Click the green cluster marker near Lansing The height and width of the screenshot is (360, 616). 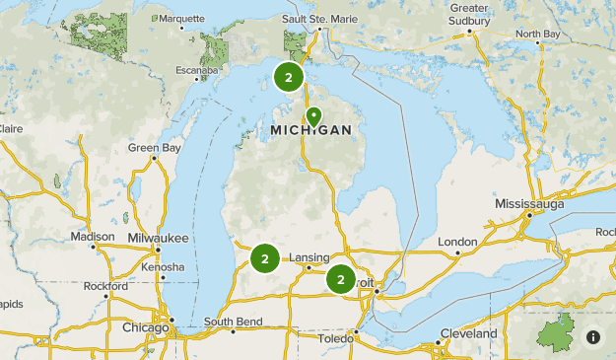[x=264, y=258]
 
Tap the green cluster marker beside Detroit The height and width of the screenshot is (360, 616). [x=341, y=279]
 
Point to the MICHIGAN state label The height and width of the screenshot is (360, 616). [x=310, y=131]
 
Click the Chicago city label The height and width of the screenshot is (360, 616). [x=145, y=326]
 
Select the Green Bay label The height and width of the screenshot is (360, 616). [x=155, y=148]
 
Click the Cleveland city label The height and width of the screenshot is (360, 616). [x=468, y=333]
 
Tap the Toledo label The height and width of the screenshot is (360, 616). [x=335, y=338]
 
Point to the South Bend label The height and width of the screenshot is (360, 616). [x=233, y=323]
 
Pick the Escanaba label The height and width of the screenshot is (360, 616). [x=193, y=70]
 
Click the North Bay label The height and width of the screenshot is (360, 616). [x=536, y=34]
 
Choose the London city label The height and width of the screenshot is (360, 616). [x=457, y=242]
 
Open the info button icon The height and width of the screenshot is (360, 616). [x=593, y=337]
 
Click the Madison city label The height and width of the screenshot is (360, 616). [x=93, y=237]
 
